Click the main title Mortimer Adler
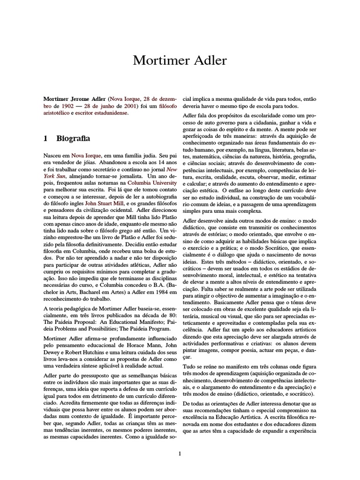tap(180, 60)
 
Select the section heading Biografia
tap(73, 139)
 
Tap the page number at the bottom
tap(180, 453)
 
